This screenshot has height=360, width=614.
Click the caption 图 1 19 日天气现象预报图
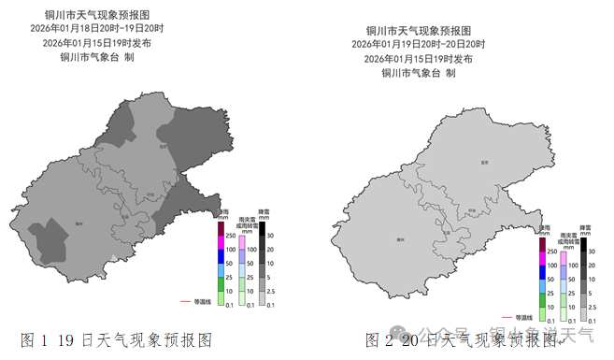click(117, 338)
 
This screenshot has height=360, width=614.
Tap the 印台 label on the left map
click(150, 195)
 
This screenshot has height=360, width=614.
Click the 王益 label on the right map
click(446, 233)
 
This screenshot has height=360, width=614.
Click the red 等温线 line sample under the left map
click(184, 302)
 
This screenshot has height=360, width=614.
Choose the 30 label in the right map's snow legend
click(591, 252)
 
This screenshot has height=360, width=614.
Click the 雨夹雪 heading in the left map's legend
click(246, 221)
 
